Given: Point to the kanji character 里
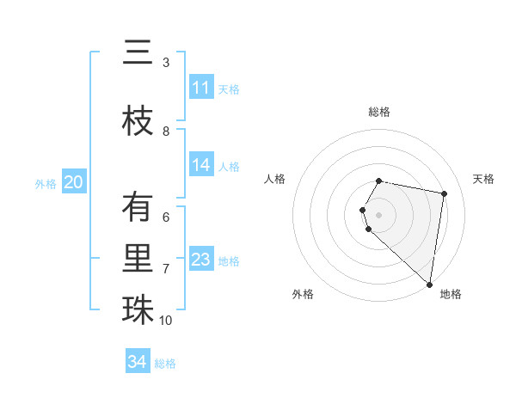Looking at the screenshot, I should click(x=138, y=258).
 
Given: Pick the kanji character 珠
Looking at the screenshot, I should click(x=138, y=309).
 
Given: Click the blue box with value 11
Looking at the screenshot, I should click(x=201, y=88).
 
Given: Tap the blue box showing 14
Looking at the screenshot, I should click(x=201, y=166).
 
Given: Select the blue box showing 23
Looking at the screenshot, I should click(x=201, y=260).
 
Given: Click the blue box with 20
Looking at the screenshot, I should click(x=74, y=182).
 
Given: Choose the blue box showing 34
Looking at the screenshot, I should click(x=138, y=362).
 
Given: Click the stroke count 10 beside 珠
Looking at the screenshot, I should click(x=166, y=321).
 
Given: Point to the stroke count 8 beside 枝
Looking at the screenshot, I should click(x=166, y=132).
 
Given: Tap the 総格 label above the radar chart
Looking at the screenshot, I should click(x=379, y=112).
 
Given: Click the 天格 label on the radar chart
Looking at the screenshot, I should click(x=484, y=179).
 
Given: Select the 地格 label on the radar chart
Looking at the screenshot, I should click(x=451, y=294).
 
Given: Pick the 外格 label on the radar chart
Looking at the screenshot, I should click(x=303, y=294).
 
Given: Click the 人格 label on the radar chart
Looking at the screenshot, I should click(x=275, y=179).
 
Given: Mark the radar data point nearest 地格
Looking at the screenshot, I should click(x=429, y=284).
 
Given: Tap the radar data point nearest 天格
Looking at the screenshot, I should click(x=444, y=194).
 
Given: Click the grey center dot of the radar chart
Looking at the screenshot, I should click(x=379, y=214).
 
